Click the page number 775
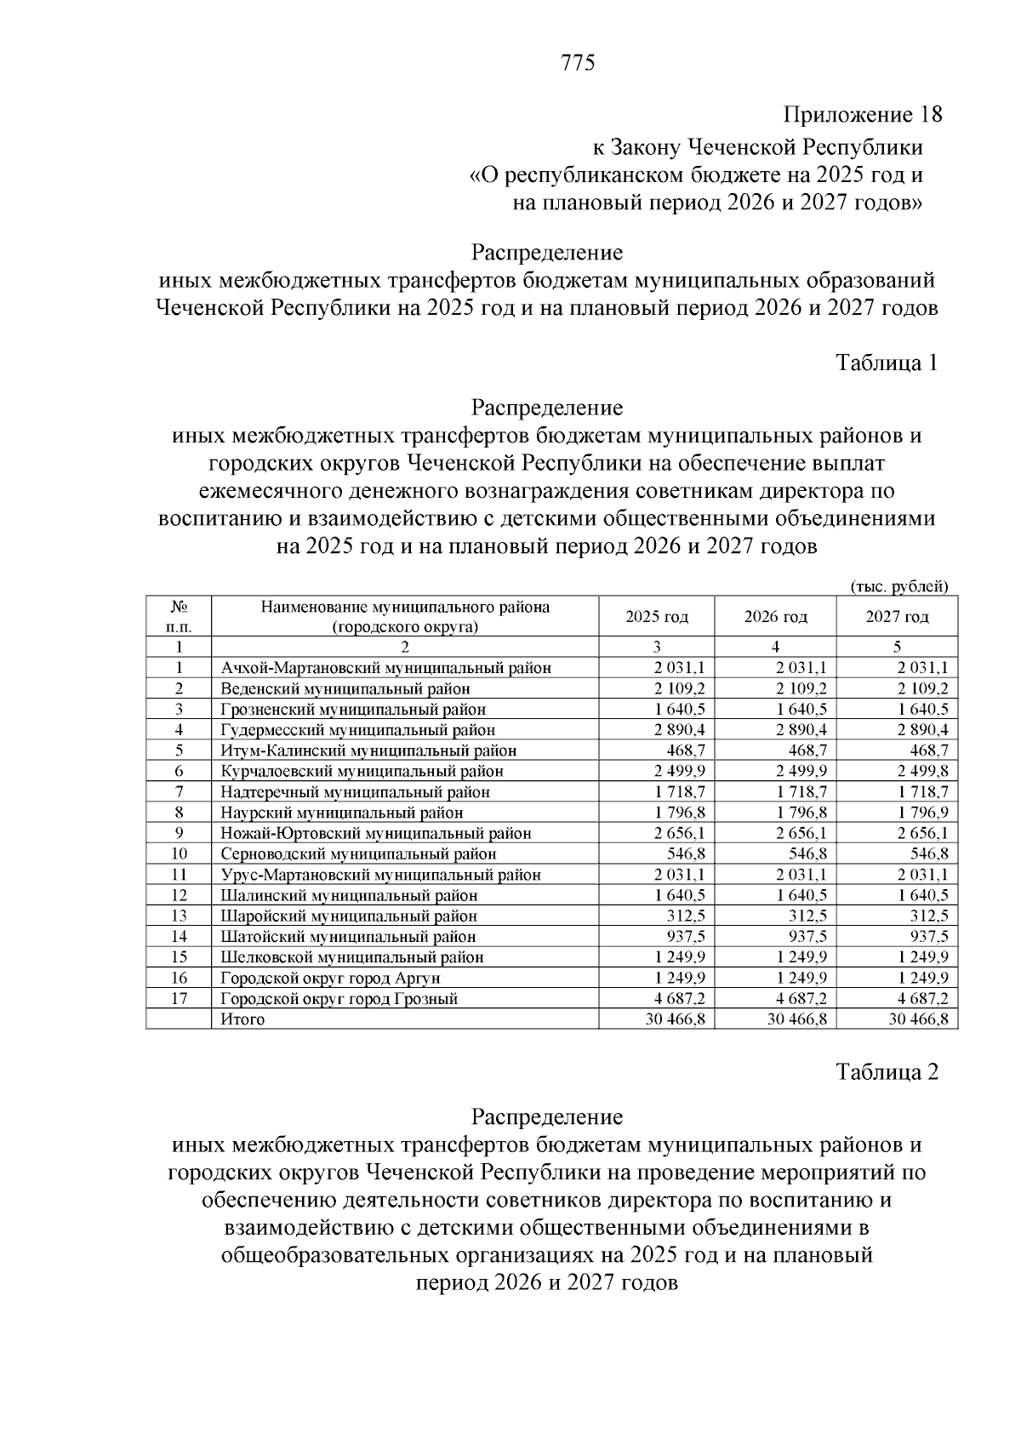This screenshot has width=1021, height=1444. point(578,63)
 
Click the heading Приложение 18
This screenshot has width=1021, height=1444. point(862,115)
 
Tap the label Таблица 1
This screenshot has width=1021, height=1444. point(887,363)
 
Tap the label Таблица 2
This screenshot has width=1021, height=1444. point(887,1072)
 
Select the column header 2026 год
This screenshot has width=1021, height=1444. point(775,617)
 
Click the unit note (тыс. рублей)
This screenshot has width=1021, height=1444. point(898,585)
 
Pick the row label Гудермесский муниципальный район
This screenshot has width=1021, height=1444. point(357,730)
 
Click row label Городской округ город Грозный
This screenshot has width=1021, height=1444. point(339,999)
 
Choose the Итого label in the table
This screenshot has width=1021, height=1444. point(242,1019)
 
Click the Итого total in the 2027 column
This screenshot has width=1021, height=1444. point(918,1019)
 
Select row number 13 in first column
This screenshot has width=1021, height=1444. point(179,916)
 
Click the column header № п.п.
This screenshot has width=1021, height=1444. point(179,617)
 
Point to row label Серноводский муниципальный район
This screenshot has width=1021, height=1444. point(358,854)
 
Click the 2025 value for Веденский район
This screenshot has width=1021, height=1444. point(679,688)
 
